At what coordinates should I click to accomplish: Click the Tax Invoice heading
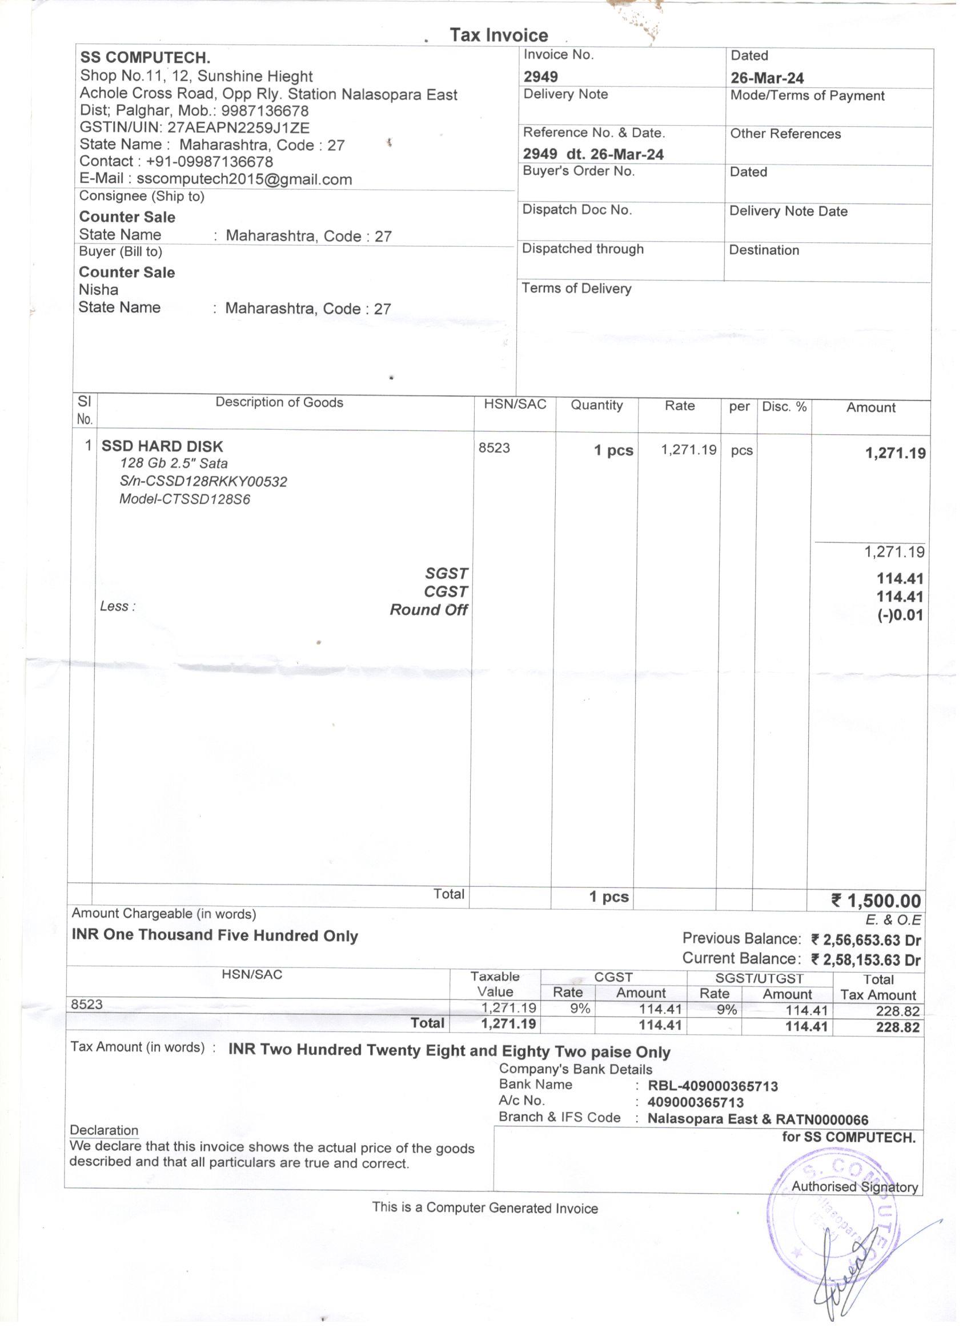click(x=499, y=35)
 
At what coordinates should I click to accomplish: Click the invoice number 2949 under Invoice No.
click(x=540, y=77)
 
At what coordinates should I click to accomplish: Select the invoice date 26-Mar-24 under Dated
click(x=767, y=78)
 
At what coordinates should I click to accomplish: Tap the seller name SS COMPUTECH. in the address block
click(x=145, y=58)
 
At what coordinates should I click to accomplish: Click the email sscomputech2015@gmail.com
click(x=244, y=179)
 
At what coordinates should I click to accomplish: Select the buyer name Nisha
click(x=98, y=290)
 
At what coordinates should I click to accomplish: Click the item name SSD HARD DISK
click(x=162, y=446)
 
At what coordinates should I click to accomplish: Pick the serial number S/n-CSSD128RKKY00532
click(x=203, y=481)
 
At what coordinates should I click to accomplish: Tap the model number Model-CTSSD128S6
click(x=185, y=499)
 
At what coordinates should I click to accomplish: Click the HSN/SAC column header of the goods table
click(x=515, y=405)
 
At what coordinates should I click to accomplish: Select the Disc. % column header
click(x=784, y=407)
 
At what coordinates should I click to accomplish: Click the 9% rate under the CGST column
click(x=580, y=1009)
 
